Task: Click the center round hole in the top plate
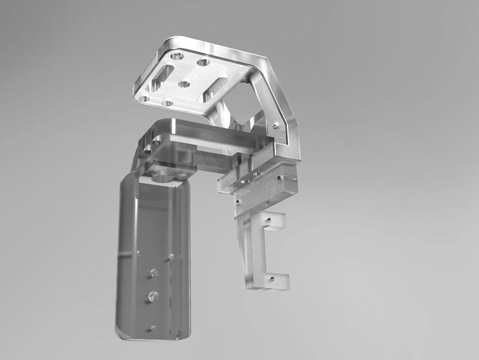[x=184, y=83]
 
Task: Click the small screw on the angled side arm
[x=275, y=124]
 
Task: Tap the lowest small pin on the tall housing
[x=152, y=327]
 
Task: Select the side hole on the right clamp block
[x=279, y=179]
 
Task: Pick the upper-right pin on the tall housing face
[x=171, y=256]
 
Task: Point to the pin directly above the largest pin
[x=153, y=272]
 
